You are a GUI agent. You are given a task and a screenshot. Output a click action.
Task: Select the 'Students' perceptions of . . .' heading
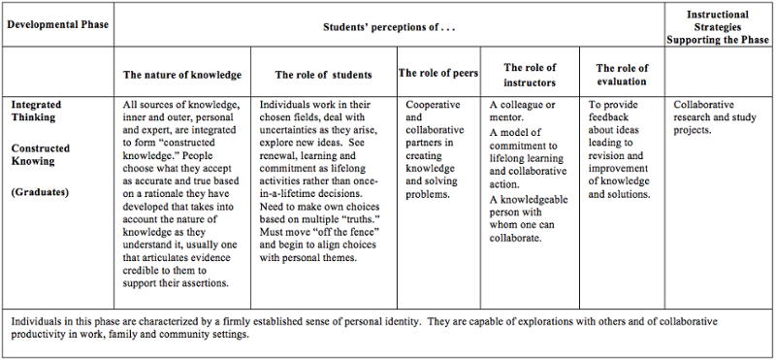(388, 22)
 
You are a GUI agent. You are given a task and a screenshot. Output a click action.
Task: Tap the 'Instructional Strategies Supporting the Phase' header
(719, 28)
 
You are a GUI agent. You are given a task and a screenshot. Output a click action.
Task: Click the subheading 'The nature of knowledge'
(181, 75)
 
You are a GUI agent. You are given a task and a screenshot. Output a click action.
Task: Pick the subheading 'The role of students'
(323, 75)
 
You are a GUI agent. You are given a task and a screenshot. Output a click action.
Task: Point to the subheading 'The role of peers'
(438, 74)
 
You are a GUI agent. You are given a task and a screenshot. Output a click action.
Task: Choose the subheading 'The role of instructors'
(530, 74)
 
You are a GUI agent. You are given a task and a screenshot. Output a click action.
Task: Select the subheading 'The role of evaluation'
(622, 75)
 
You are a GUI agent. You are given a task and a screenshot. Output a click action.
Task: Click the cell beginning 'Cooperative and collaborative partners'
(439, 148)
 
